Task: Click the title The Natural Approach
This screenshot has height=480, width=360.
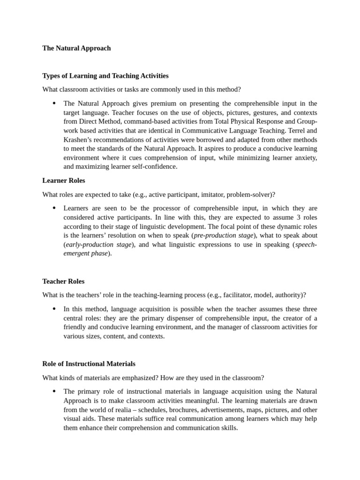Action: tap(76, 48)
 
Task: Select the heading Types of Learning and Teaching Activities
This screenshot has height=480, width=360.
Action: tap(105, 75)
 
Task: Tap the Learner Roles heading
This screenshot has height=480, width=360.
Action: tap(64, 180)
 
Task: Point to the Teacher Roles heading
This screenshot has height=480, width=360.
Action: tap(63, 281)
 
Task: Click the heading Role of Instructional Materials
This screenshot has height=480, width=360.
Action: tap(89, 363)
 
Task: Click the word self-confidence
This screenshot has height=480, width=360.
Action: tap(156, 166)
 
